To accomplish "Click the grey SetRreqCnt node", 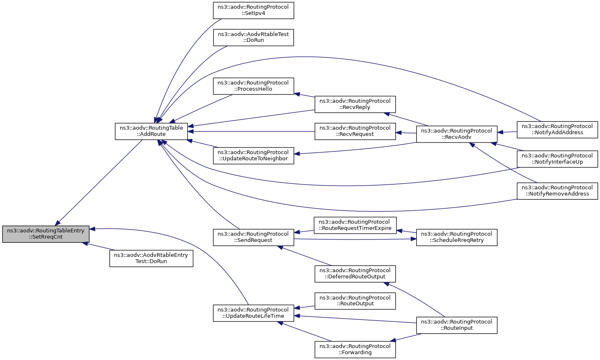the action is pos(46,234).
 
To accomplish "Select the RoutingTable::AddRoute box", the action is pos(151,131).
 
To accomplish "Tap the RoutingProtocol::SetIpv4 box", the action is pos(254,10).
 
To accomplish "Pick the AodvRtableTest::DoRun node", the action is pos(254,38).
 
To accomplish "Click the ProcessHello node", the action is pos(254,86).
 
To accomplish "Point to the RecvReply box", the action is pos(355,104).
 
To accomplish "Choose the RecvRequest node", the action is pos(355,131).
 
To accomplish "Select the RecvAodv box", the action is pos(457,134).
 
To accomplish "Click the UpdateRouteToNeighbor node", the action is pos(254,156).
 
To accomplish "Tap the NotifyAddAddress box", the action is pos(557,130).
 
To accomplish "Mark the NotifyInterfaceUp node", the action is pos(557,159).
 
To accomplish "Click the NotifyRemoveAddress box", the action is pos(557,191).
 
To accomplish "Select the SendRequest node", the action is pos(254,237).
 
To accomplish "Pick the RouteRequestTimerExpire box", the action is pos(355,225).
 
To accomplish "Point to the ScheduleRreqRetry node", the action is pos(457,237).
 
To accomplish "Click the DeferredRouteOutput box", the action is pos(355,274).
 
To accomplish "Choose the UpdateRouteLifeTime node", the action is pos(254,313).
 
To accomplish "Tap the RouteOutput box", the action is pos(355,301).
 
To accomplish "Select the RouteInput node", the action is pos(457,325).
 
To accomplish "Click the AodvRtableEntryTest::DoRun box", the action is pos(151,259).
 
